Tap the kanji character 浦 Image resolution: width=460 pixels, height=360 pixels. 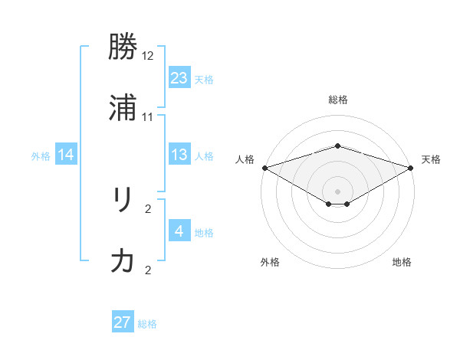tap(123, 109)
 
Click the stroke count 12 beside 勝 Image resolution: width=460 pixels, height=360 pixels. tap(148, 56)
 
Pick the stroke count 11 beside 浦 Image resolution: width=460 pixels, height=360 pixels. tap(148, 116)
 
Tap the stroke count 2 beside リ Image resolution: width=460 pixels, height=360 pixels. tap(148, 208)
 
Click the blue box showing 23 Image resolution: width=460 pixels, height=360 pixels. tap(179, 78)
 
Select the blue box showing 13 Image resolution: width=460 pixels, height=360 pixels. tap(179, 155)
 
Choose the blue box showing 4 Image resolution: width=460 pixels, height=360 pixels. tap(179, 231)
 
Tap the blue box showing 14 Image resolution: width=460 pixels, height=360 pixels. tap(66, 155)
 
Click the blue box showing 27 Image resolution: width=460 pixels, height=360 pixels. tap(123, 322)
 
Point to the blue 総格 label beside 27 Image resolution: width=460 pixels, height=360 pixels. tap(147, 324)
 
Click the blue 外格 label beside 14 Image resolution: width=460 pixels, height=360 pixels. tap(41, 156)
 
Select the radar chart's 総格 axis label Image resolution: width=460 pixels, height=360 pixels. tap(337, 100)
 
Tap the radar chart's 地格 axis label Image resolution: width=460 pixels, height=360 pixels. tap(402, 262)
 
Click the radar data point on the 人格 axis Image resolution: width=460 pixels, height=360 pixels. tap(264, 168)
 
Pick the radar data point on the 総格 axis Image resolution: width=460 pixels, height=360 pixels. tap(337, 146)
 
